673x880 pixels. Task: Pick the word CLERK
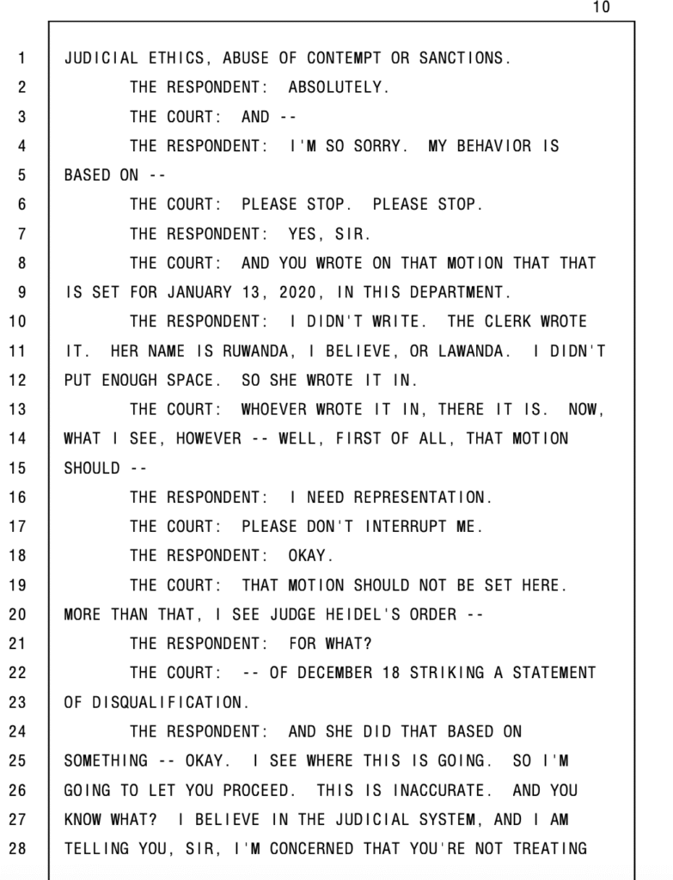[507, 321]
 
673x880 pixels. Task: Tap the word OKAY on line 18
[307, 555]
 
